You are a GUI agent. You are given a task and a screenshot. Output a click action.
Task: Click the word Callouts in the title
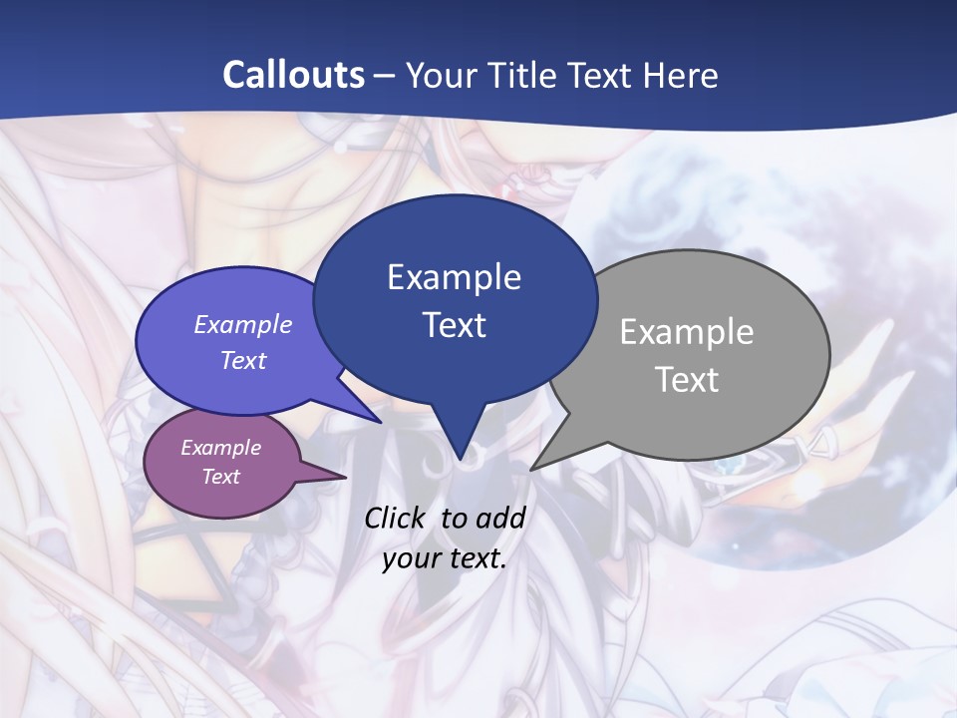(x=293, y=75)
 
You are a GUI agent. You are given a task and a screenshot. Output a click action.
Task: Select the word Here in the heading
(x=680, y=75)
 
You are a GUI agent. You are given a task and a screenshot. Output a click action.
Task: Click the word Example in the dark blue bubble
(x=454, y=277)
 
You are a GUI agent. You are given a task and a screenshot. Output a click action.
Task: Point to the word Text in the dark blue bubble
(x=454, y=325)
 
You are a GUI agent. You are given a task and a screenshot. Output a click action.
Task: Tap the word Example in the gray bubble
(x=687, y=332)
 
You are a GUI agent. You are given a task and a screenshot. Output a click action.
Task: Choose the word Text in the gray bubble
(x=687, y=380)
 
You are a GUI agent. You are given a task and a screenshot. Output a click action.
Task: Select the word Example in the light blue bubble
(x=242, y=324)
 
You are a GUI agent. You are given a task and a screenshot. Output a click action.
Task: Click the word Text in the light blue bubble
(x=243, y=360)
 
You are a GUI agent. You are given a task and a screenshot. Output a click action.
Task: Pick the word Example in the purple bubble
(x=220, y=448)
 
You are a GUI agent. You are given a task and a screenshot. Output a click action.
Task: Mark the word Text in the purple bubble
(x=220, y=477)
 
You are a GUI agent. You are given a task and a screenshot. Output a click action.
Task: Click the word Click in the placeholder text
(x=398, y=518)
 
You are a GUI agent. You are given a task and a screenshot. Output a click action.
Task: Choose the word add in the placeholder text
(x=500, y=518)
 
